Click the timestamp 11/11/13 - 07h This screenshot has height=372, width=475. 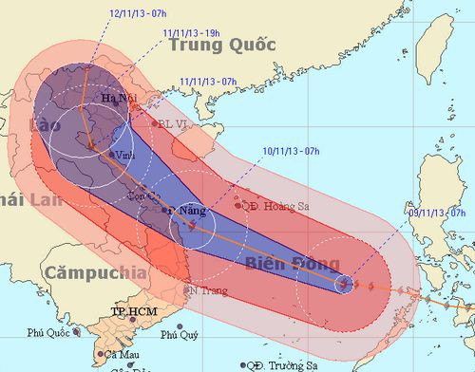click(x=207, y=82)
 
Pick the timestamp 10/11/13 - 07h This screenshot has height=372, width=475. click(x=295, y=149)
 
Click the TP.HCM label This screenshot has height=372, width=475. click(x=132, y=311)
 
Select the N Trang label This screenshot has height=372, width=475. click(x=207, y=289)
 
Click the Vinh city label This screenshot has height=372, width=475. click(x=124, y=155)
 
